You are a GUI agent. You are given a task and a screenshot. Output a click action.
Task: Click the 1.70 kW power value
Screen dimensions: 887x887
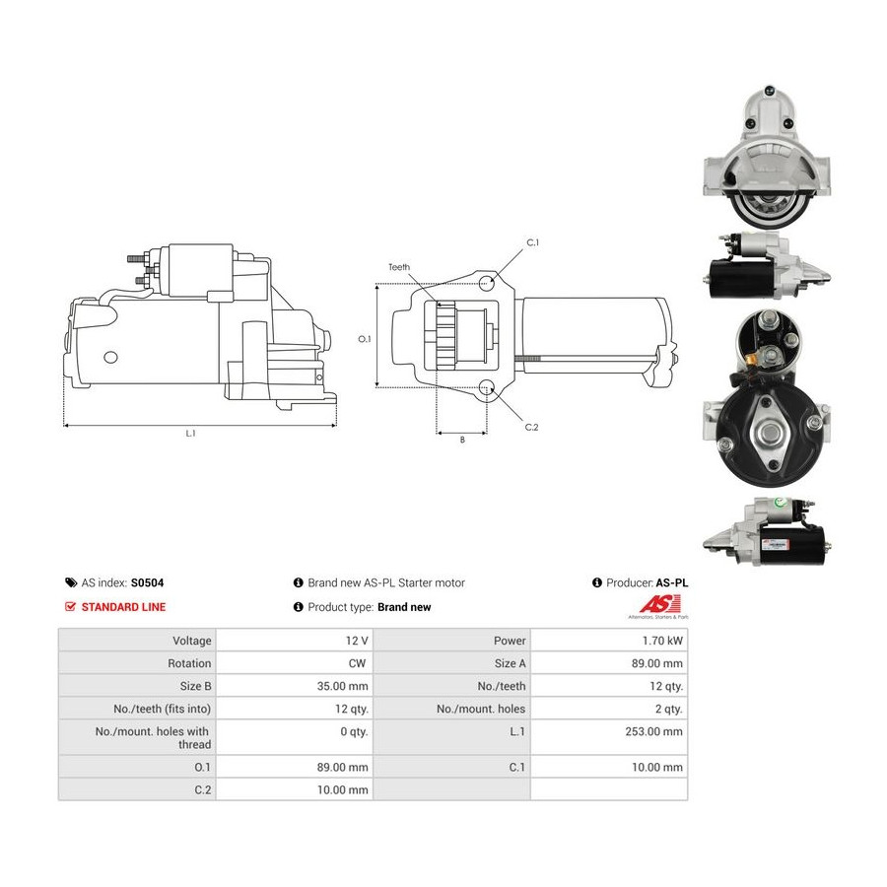click(x=662, y=641)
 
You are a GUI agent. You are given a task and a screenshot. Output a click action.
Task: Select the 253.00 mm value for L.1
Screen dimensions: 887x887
click(x=654, y=731)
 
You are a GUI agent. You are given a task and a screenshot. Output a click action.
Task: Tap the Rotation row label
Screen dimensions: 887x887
click(x=189, y=663)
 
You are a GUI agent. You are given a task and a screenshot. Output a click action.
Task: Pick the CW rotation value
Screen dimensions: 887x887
click(x=357, y=663)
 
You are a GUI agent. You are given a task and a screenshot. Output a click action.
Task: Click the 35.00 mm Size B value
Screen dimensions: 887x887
click(x=342, y=686)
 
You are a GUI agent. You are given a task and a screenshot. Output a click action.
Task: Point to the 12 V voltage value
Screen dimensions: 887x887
click(x=357, y=641)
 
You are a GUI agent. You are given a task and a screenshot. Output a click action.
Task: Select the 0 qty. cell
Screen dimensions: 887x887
click(x=354, y=731)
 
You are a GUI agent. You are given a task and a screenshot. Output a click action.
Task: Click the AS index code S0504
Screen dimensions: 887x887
click(x=147, y=582)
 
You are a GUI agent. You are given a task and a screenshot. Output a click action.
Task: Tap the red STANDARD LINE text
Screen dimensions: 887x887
click(x=123, y=607)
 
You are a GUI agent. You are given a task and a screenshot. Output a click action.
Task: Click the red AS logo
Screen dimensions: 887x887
click(x=659, y=603)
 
